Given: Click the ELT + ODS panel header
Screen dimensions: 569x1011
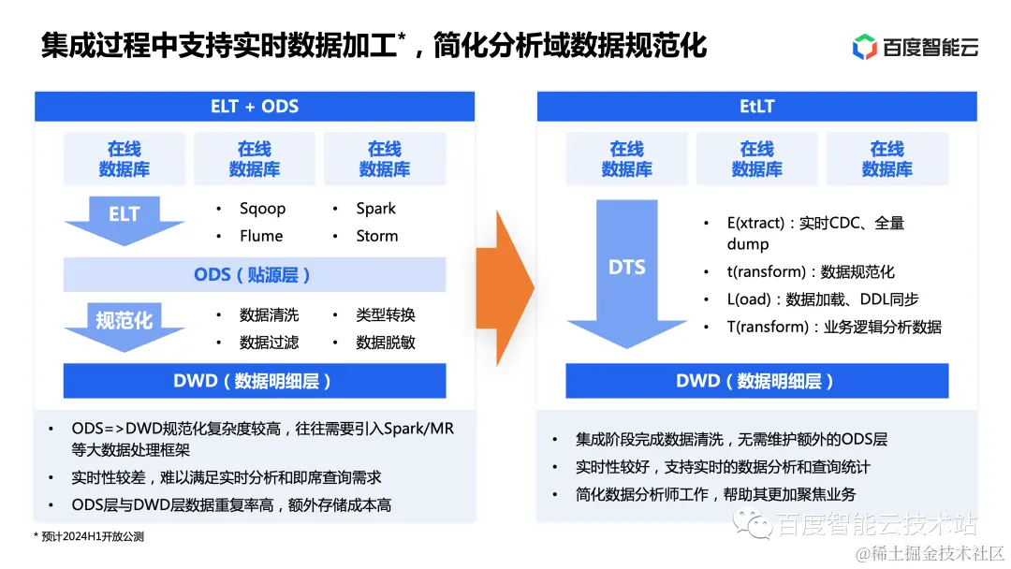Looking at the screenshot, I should pyautogui.click(x=255, y=107).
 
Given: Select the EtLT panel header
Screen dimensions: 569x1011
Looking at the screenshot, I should pyautogui.click(x=756, y=107).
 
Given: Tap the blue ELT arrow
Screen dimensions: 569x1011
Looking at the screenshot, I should pyautogui.click(x=124, y=219).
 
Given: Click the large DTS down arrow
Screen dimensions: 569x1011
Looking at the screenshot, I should pyautogui.click(x=626, y=271).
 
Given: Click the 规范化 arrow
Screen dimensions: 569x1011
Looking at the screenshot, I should pyautogui.click(x=124, y=325).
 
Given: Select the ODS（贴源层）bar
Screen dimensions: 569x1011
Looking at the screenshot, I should pyautogui.click(x=254, y=275).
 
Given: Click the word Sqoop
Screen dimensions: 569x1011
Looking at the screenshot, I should pyautogui.click(x=262, y=209).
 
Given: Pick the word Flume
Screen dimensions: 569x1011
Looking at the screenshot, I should pyautogui.click(x=260, y=236).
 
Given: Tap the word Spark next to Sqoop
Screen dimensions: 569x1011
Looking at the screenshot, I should pyautogui.click(x=375, y=209).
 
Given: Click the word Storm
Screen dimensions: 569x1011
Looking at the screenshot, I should pyautogui.click(x=376, y=236).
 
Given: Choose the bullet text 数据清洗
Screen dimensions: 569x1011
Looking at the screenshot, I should pyautogui.click(x=269, y=315).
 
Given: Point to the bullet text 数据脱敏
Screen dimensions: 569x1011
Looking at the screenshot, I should pyautogui.click(x=385, y=343).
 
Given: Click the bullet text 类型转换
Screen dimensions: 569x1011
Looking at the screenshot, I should pyautogui.click(x=385, y=315).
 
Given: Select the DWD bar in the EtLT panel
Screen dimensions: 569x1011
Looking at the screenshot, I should pyautogui.click(x=756, y=381).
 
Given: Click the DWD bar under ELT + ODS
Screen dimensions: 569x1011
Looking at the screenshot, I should pyautogui.click(x=254, y=381).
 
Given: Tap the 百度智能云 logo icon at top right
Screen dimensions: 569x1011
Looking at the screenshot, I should pyautogui.click(x=864, y=46).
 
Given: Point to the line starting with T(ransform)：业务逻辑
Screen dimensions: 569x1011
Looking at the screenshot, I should pyautogui.click(x=833, y=327).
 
